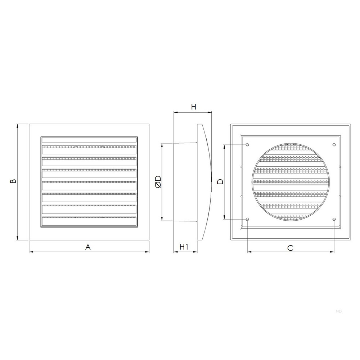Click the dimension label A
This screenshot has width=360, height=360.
[88, 247]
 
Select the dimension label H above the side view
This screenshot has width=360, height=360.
[194, 107]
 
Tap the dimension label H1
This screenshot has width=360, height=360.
[184, 247]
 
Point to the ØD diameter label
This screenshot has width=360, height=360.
[158, 182]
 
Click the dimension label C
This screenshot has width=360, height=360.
[290, 248]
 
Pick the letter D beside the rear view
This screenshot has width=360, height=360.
[220, 181]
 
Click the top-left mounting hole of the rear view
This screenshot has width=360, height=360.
[247, 145]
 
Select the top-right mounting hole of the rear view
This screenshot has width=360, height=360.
[334, 145]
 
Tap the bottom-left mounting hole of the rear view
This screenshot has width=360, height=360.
[247, 219]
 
